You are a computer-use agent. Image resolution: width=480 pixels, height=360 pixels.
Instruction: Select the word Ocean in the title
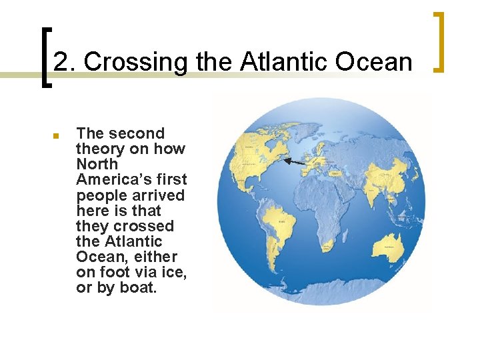tap(374, 62)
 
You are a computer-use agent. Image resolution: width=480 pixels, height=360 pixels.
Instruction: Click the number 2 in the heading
tap(61, 62)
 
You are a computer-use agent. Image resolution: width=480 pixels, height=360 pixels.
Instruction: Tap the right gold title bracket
tap(439, 41)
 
